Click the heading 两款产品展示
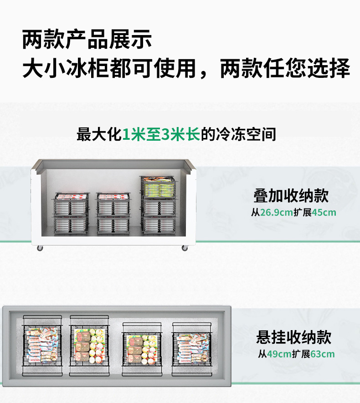(x=87, y=40)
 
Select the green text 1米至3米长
(x=161, y=135)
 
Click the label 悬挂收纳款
(x=293, y=337)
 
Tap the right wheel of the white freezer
(x=185, y=248)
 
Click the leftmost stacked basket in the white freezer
(x=71, y=214)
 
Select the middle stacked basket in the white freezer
(x=113, y=214)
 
